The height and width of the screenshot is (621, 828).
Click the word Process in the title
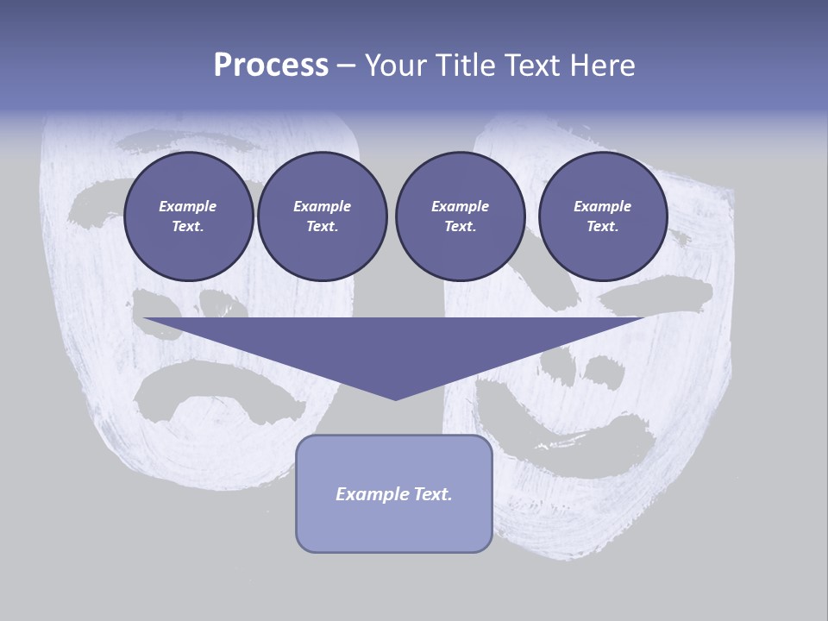click(x=271, y=66)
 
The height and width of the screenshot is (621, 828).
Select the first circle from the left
click(x=188, y=216)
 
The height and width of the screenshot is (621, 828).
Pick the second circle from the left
click(x=322, y=216)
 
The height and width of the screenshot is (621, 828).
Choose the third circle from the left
click(x=460, y=216)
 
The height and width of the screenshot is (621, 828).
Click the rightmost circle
click(x=603, y=216)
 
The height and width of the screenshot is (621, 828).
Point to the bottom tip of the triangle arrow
click(x=395, y=398)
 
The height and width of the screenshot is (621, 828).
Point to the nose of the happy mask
click(x=603, y=369)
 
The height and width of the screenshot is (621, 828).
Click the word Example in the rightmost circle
click(x=603, y=206)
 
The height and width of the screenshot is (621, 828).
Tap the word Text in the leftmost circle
click(x=188, y=227)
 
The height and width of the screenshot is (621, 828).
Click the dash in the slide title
click(x=347, y=66)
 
